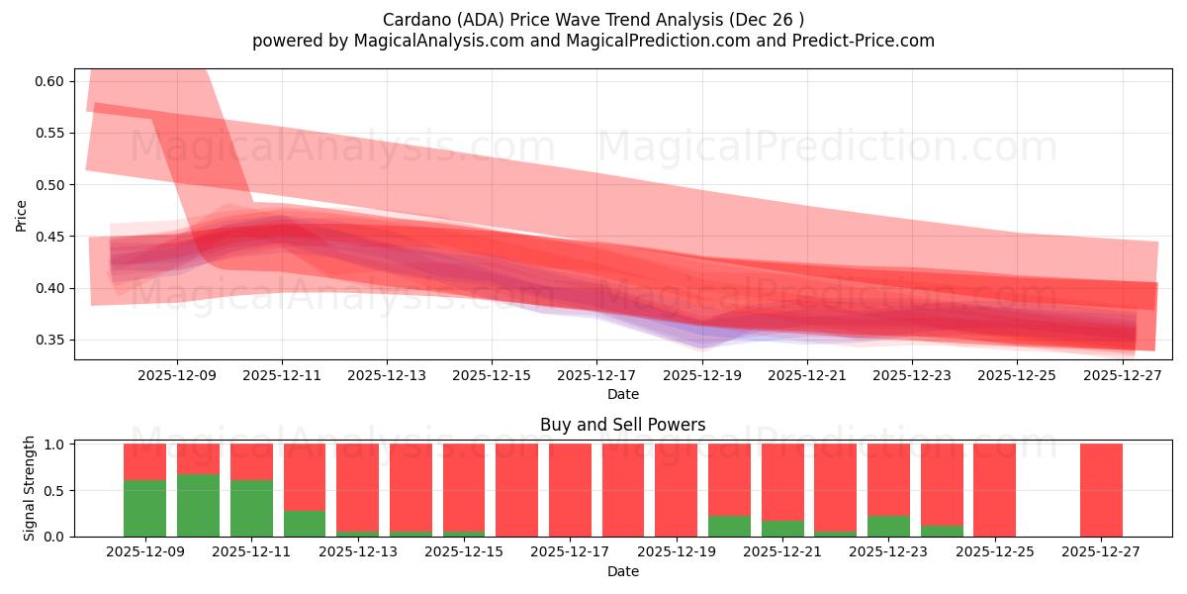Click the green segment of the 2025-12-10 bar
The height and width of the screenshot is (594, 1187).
click(x=198, y=505)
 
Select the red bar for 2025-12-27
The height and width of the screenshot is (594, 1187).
click(x=1101, y=489)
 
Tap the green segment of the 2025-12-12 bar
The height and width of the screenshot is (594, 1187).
click(x=305, y=523)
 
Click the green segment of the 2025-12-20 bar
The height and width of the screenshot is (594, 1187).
click(x=729, y=526)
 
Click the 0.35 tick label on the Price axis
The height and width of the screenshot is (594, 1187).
click(x=49, y=341)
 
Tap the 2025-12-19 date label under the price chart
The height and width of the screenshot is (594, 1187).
click(x=702, y=375)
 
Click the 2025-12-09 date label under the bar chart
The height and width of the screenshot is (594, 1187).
click(x=145, y=552)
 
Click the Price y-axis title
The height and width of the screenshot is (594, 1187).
click(x=22, y=215)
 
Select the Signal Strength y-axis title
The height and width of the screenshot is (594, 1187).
click(x=30, y=489)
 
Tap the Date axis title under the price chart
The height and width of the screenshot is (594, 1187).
click(x=623, y=394)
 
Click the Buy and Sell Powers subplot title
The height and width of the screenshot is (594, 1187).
click(x=623, y=425)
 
